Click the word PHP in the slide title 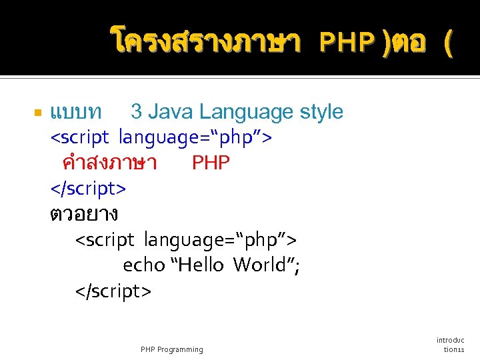(347, 43)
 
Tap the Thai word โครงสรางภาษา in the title (207, 43)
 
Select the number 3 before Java (135, 111)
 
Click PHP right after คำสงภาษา (211, 163)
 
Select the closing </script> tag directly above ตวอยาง (88, 189)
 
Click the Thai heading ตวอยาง (84, 214)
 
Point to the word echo (143, 265)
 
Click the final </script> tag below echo (113, 291)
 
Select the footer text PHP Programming (172, 349)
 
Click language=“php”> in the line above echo (221, 239)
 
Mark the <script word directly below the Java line (81, 137)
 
